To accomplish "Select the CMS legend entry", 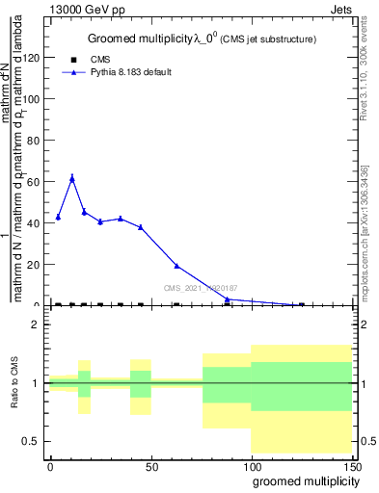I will [x=100, y=60].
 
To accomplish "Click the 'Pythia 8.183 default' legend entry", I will [x=123, y=72].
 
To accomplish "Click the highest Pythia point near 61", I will [x=72, y=178].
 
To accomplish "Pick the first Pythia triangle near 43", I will [x=58, y=217].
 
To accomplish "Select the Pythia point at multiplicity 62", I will [x=176, y=266].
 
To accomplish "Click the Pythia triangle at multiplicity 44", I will [x=141, y=227].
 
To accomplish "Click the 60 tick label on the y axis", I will [x=35, y=182].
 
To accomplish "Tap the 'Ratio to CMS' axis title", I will [x=14, y=383].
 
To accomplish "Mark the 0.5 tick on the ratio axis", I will [x=34, y=441].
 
